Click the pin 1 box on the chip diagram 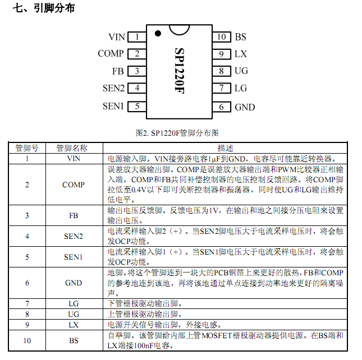136,37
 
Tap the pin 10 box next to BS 221,37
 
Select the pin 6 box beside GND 221,107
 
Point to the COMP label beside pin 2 111,54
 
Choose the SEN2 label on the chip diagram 113,88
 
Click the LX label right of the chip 241,54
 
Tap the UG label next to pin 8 241,71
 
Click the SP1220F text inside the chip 179,70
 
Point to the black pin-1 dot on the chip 158,32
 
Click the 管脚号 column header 27,148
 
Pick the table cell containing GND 74,283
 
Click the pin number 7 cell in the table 27,304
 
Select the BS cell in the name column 74,340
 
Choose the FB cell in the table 74,215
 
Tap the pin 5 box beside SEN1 136,107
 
